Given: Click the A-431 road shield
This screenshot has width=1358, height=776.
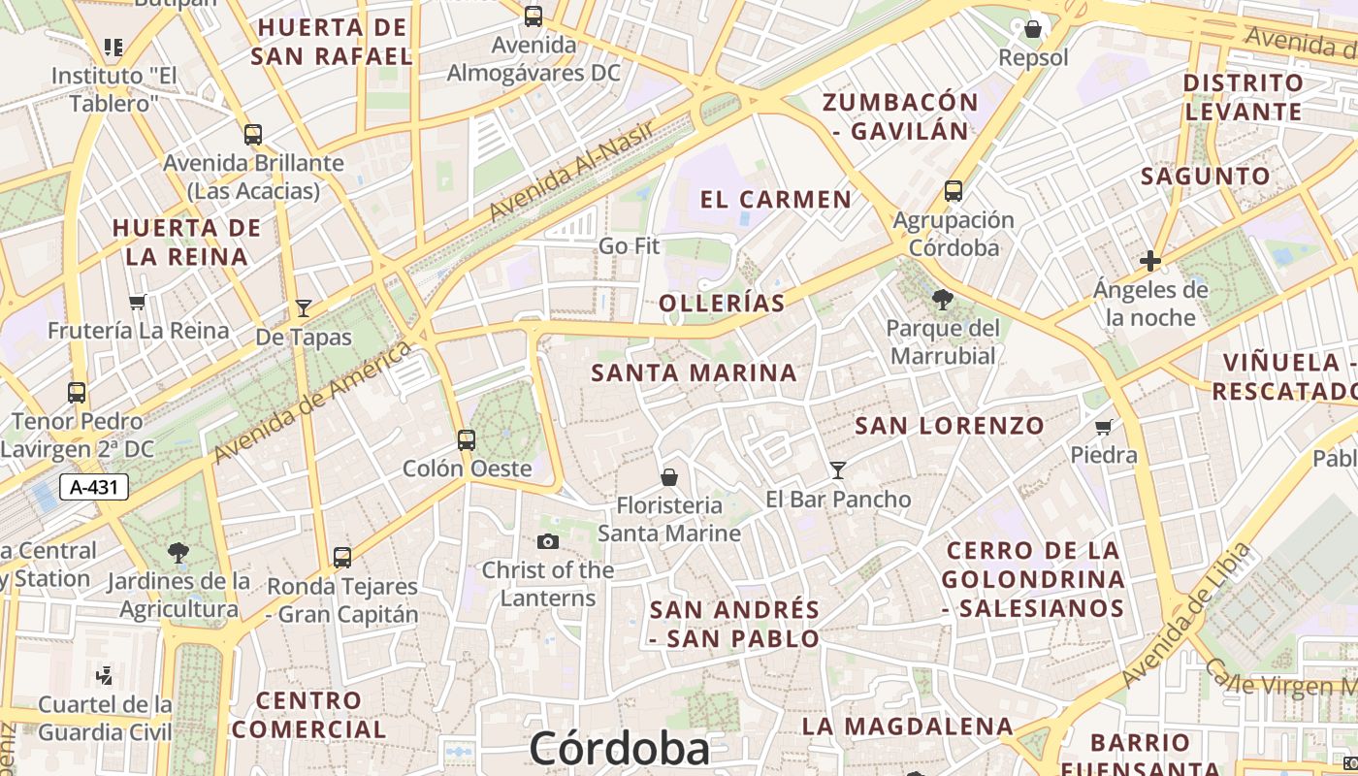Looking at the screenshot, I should [94, 487].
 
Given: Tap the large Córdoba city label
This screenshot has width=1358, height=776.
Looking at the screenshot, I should [619, 750].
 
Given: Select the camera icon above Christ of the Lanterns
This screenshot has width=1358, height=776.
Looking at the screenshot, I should [547, 541].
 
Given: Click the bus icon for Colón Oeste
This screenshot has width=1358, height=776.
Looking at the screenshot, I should [467, 440].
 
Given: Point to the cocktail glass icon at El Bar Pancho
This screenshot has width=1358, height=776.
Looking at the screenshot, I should [838, 470].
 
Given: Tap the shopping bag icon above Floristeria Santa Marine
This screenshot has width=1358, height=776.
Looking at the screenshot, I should [668, 477].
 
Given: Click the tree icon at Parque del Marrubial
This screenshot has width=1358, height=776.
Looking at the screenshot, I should [942, 300].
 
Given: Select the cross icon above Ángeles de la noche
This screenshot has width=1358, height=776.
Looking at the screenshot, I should [1150, 261].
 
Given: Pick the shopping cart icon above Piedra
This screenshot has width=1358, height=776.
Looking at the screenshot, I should [1104, 427].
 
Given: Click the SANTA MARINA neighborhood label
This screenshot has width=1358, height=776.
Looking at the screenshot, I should [694, 372].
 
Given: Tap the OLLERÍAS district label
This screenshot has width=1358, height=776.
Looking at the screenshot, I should [722, 304].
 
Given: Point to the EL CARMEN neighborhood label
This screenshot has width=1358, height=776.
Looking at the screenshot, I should [775, 200].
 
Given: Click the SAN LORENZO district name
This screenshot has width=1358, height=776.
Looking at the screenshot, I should [949, 425].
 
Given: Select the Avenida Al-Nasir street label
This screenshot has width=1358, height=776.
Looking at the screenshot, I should [572, 170].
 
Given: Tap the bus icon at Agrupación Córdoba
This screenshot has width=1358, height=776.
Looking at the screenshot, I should [954, 191].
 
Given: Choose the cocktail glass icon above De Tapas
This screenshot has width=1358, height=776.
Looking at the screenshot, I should [304, 308].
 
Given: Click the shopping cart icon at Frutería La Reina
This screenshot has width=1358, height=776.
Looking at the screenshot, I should [138, 302].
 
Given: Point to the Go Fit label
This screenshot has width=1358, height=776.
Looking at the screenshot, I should [629, 246].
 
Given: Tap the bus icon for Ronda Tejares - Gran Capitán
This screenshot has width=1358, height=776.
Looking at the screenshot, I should [342, 558].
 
